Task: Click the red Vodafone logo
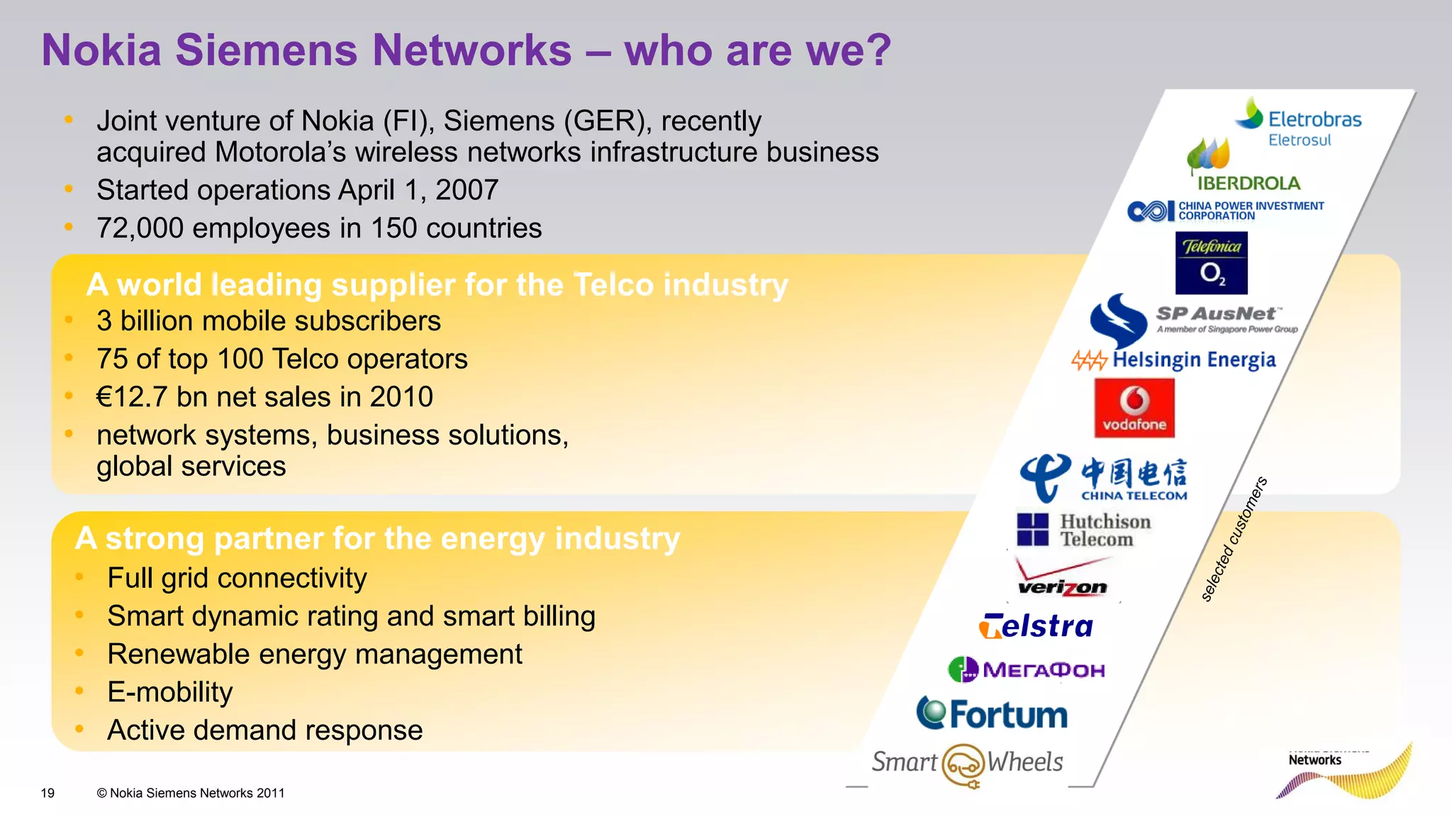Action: tap(1134, 408)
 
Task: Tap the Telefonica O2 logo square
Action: tap(1211, 263)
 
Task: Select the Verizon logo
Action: tap(1062, 577)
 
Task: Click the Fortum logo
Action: tap(993, 713)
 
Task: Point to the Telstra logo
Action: tap(1036, 626)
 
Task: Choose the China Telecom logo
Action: tap(1103, 478)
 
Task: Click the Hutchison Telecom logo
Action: tap(1084, 530)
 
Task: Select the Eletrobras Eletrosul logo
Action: tap(1299, 123)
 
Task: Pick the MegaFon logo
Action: tap(1026, 669)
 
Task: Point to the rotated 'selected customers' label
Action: tap(1234, 540)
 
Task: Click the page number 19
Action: tap(48, 793)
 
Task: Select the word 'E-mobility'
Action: tap(169, 692)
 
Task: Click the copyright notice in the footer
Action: tap(191, 793)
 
